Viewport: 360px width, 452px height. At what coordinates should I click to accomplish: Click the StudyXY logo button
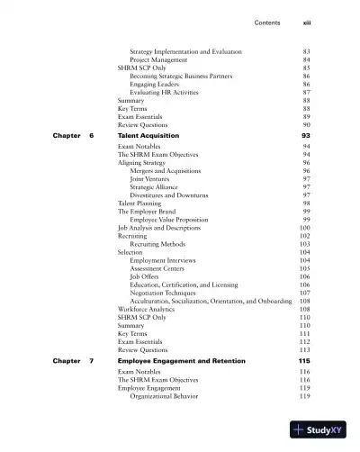[x=318, y=430]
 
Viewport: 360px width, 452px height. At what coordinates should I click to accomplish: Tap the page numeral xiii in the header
[x=306, y=23]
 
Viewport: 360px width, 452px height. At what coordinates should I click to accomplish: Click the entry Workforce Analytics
[x=146, y=309]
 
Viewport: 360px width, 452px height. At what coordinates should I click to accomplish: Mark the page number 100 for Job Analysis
[x=304, y=228]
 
